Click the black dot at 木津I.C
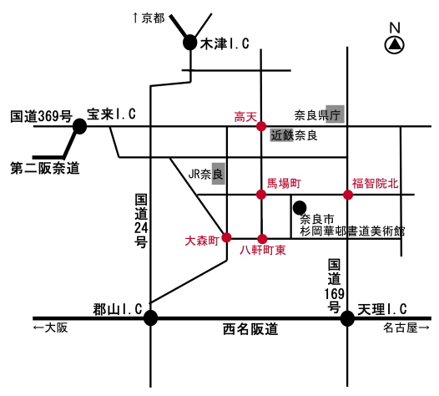click(x=190, y=43)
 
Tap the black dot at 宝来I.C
click(x=80, y=126)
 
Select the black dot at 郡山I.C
click(x=150, y=318)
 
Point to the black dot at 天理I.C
click(x=347, y=318)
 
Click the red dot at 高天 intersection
click(x=261, y=126)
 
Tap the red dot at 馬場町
click(x=261, y=194)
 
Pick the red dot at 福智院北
click(x=348, y=195)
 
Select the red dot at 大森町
click(x=226, y=237)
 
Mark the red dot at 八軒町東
click(x=262, y=239)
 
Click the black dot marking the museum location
click(x=300, y=208)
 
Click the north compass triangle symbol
click(x=395, y=45)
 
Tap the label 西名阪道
click(x=250, y=329)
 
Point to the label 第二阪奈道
click(x=45, y=168)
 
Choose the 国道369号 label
click(x=42, y=116)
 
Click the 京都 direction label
click(x=153, y=18)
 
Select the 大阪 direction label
click(x=56, y=327)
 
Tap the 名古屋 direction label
click(x=401, y=327)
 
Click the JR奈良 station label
click(x=206, y=174)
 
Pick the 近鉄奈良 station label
click(x=294, y=135)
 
